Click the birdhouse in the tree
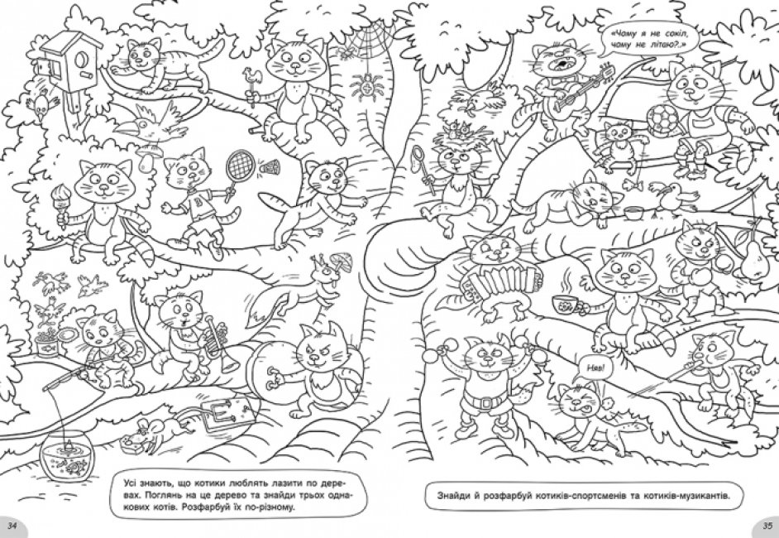point(69,62)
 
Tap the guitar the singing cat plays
point(582,89)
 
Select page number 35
point(767,526)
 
